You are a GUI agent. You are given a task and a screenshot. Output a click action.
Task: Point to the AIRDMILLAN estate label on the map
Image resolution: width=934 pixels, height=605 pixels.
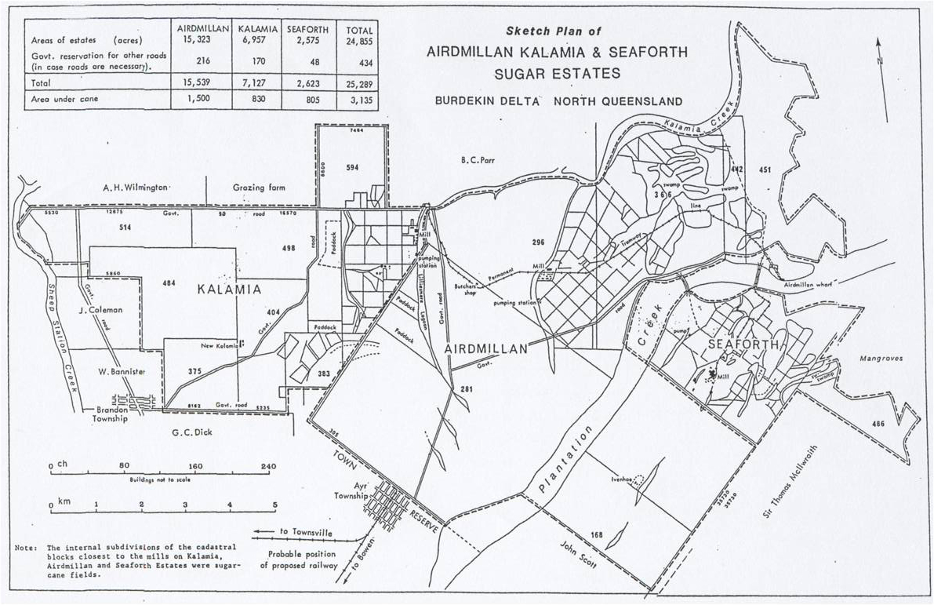tap(487, 349)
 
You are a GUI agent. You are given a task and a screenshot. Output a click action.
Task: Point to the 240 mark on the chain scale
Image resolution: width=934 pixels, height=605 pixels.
tap(268, 466)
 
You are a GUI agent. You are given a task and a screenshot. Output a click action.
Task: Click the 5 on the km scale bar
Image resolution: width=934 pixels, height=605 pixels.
tap(274, 505)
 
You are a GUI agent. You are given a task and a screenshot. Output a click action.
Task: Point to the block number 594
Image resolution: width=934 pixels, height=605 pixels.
tap(352, 167)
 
